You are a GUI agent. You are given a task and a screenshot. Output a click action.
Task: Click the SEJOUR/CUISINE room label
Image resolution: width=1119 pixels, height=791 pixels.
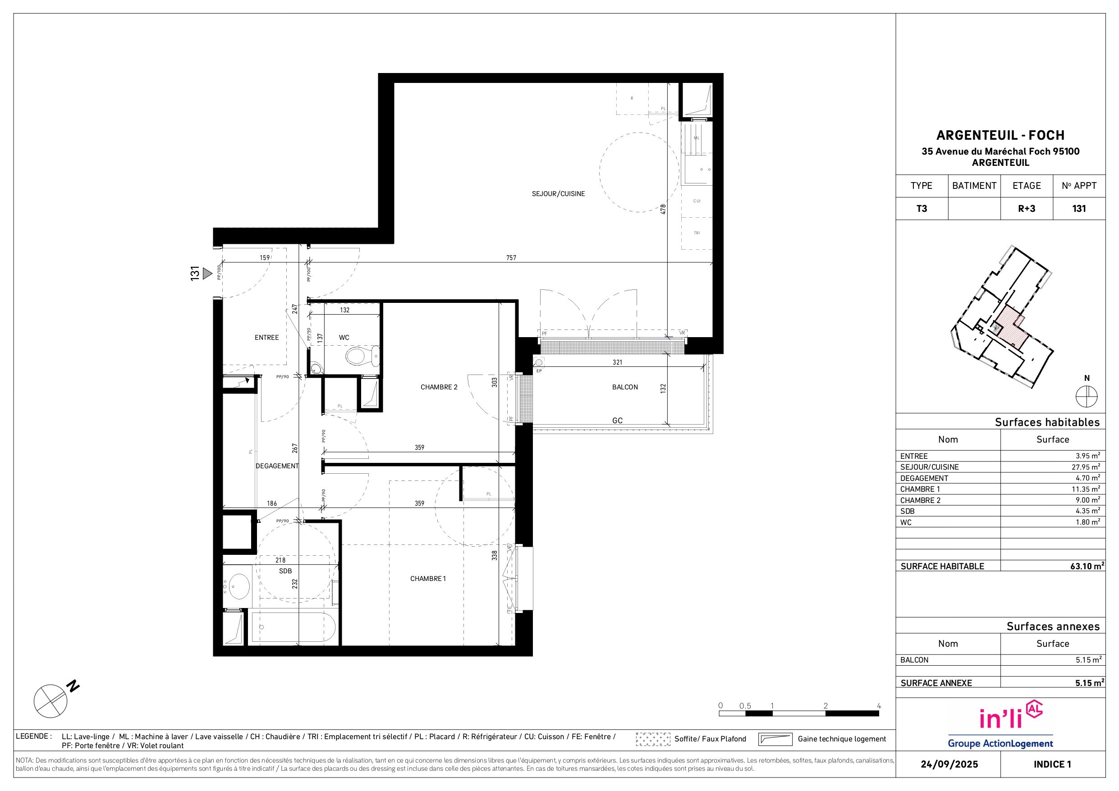point(558,194)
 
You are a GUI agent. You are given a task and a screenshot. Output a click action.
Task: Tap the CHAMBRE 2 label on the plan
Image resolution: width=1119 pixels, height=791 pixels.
point(439,388)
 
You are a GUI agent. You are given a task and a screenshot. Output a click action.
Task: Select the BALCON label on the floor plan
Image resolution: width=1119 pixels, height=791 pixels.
point(625,388)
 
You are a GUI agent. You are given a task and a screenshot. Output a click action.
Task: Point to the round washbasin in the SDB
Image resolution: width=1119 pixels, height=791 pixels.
point(238,586)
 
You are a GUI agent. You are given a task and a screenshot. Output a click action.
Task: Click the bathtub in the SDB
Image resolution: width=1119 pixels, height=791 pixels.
point(294,627)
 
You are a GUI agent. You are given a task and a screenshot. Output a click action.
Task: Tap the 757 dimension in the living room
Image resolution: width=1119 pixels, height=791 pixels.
point(511,258)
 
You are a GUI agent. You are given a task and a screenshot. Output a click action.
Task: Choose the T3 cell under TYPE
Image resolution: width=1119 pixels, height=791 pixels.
point(922,209)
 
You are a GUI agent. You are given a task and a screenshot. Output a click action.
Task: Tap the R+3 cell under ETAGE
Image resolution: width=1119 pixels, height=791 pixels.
point(1027,209)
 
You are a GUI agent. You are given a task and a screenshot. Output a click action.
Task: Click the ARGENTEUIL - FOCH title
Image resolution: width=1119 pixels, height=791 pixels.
point(1000,135)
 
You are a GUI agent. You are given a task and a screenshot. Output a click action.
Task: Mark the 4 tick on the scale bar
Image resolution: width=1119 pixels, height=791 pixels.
point(879,706)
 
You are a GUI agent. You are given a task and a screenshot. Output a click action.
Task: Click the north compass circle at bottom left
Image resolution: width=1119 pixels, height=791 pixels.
point(50,701)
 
